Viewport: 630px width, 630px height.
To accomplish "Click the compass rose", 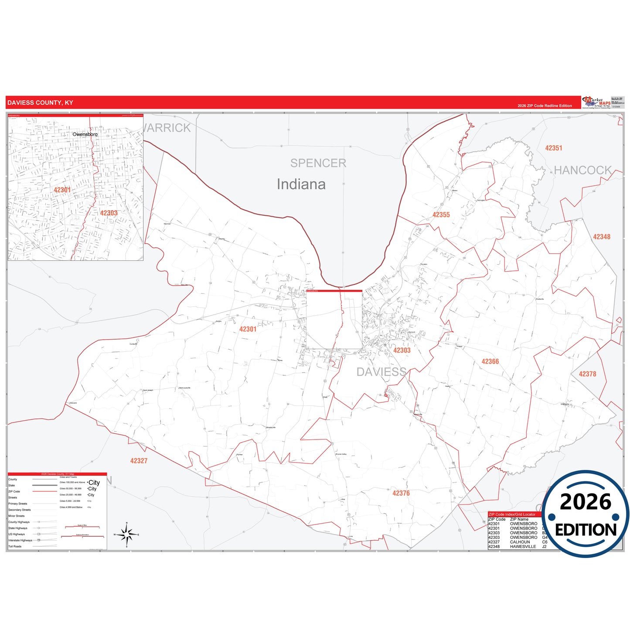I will click(126, 534).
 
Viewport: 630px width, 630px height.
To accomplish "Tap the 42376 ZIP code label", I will click(401, 493).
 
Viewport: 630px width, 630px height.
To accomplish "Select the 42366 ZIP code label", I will click(490, 361).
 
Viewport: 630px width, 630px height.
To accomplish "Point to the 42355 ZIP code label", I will click(441, 215).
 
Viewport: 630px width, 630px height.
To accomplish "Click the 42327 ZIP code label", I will click(139, 460).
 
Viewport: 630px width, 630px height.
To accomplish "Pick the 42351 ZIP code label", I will click(553, 148).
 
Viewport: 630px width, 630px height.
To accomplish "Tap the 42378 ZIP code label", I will click(587, 374).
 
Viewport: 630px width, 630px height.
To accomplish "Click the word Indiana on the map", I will click(301, 184).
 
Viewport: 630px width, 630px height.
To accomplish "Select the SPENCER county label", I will click(318, 163).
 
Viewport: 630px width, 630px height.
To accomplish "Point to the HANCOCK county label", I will click(582, 170).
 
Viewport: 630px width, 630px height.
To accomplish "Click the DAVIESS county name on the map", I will click(381, 372).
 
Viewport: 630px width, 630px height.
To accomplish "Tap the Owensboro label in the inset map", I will click(85, 134).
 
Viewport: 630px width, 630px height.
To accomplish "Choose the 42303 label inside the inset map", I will click(109, 213).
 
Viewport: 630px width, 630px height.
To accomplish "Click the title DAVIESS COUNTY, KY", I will click(40, 103).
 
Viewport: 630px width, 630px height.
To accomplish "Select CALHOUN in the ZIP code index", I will click(520, 542).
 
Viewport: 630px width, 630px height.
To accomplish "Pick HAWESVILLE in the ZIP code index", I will click(523, 547).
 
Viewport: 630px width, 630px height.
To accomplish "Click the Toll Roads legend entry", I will click(15, 546).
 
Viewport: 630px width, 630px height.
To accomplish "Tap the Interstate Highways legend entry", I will click(20, 540).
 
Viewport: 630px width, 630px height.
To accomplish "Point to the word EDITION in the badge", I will click(586, 530).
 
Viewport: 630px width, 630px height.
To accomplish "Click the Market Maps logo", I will click(596, 102).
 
